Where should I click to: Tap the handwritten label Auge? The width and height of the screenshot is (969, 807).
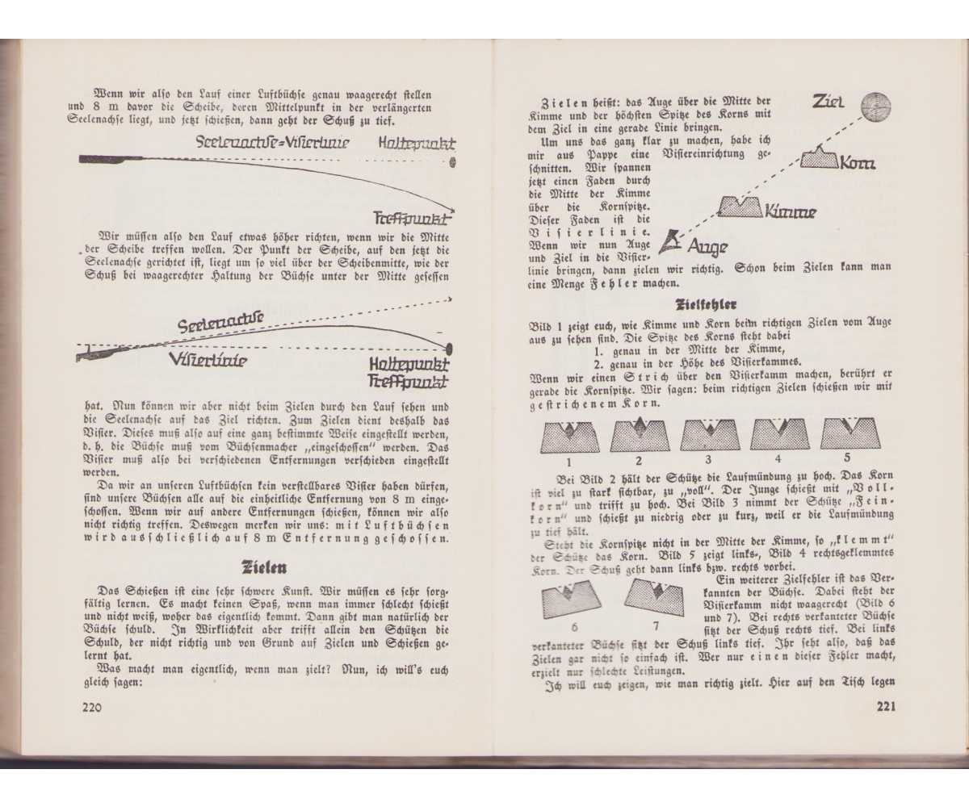(707, 245)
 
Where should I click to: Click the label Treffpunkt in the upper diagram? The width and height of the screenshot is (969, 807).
(412, 219)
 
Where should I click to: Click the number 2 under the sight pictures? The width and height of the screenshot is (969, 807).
(638, 462)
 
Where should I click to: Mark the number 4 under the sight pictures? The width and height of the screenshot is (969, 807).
(778, 462)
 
